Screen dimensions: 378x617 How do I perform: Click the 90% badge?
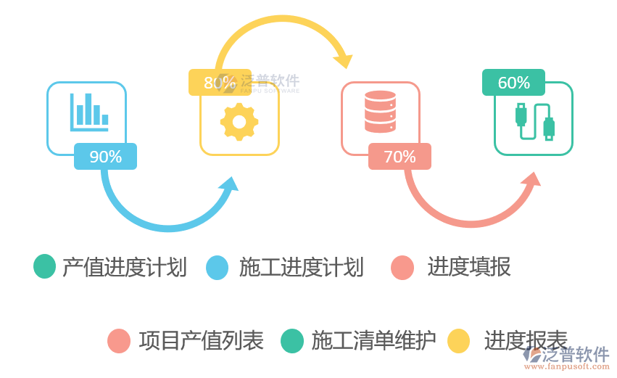[x=105, y=156]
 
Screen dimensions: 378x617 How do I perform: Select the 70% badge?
[x=399, y=156]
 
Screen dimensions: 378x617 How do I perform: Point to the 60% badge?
[x=513, y=83]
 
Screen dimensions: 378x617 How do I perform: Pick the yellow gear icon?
[x=239, y=121]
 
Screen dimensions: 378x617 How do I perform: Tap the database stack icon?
[x=380, y=112]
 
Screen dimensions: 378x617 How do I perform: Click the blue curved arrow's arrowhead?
[x=230, y=184]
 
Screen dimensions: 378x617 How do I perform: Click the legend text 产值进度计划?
[x=125, y=267]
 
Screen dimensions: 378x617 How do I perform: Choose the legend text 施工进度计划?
[x=302, y=267]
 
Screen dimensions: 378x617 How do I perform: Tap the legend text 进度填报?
[x=469, y=267]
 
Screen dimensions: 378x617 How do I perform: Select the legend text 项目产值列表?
[x=202, y=340]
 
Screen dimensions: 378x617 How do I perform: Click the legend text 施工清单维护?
[x=374, y=340]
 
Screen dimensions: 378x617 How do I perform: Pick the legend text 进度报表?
[x=526, y=340]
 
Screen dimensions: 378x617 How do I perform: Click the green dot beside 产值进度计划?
[x=45, y=266]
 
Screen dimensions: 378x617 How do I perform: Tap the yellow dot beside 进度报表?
[x=459, y=340]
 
